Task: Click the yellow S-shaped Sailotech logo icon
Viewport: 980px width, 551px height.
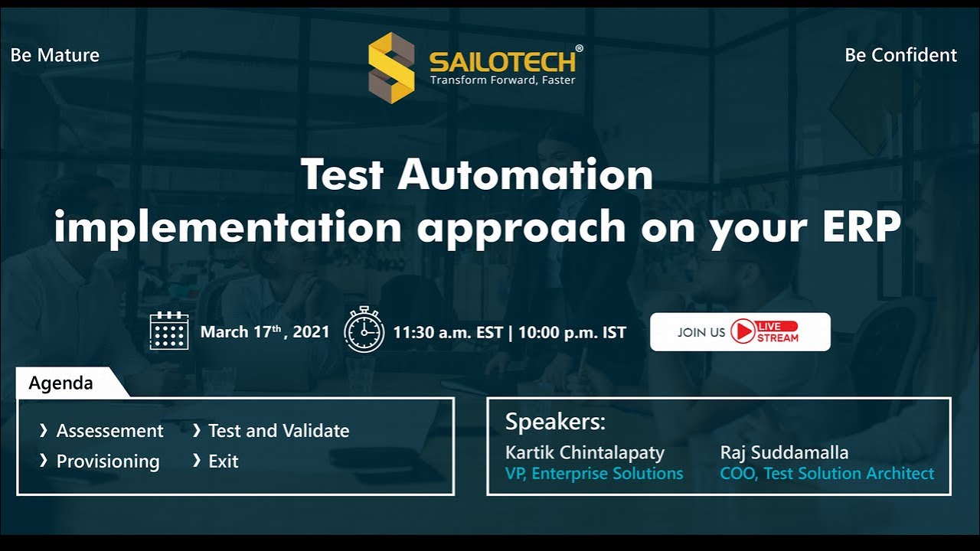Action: [391, 67]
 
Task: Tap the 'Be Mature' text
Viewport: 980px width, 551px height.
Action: [55, 55]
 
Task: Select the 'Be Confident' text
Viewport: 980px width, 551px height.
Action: [900, 55]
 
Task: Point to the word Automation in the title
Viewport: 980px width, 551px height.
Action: [524, 174]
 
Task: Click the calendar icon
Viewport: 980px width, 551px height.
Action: [169, 331]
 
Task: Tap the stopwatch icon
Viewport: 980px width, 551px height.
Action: [364, 331]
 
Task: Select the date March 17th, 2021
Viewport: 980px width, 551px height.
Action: [264, 332]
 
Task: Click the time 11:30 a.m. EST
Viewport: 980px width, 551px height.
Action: [448, 333]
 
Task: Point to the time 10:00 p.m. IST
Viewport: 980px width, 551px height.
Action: [572, 333]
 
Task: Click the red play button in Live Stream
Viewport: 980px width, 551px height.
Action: [742, 331]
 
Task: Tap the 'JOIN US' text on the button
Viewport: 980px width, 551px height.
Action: [701, 332]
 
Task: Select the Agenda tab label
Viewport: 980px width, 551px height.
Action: [61, 383]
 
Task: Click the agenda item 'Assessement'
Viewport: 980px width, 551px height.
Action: [109, 431]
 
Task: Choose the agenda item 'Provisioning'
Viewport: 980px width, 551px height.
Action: [108, 461]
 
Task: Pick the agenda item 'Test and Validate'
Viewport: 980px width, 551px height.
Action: [279, 431]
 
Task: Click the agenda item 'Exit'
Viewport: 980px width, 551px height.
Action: [224, 461]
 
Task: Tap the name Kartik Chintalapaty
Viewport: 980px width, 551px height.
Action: [585, 452]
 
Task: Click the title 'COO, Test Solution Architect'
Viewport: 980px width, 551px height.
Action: [827, 474]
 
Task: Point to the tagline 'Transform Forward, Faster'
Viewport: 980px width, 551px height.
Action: [502, 80]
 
